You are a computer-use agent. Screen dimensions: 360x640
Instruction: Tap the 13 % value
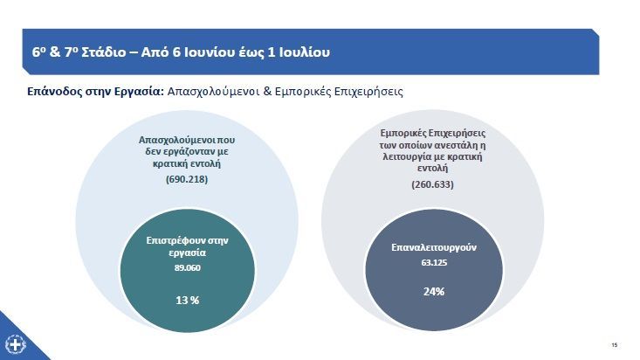(189, 300)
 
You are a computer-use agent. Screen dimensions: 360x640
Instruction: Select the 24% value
(434, 291)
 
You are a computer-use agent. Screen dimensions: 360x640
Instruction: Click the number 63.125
(433, 263)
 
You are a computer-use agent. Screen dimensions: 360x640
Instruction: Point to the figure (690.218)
(188, 180)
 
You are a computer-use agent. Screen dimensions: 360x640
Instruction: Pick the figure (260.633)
(432, 185)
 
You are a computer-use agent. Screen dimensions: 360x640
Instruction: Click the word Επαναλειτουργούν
(433, 246)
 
